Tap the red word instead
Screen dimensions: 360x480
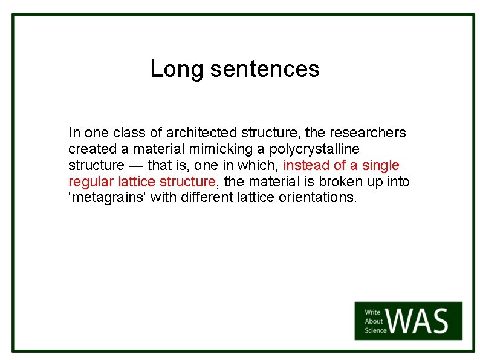305,165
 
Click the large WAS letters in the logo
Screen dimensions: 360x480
420,321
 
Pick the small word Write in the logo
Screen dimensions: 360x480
373,313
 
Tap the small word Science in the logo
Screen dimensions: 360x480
376,330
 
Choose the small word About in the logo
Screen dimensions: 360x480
374,321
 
